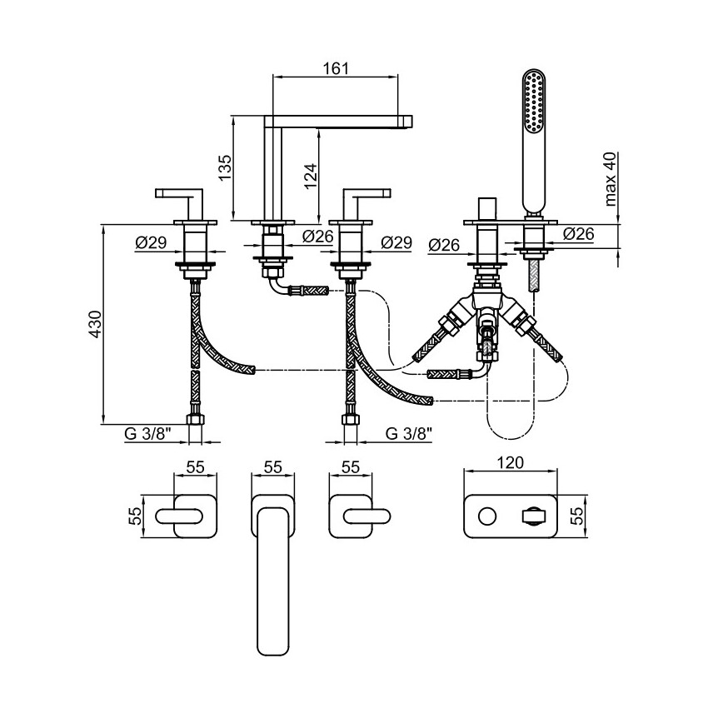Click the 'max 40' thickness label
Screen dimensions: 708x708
pos(610,178)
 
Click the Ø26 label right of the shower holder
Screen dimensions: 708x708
pos(578,235)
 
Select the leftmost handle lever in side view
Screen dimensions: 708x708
pos(181,194)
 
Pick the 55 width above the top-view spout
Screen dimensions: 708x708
pos(273,466)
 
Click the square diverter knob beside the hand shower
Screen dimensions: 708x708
pos(485,207)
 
